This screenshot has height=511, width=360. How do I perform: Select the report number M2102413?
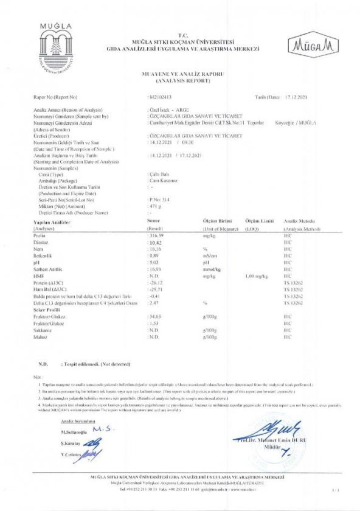click(161, 97)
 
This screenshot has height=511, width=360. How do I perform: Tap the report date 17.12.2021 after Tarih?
click(296, 97)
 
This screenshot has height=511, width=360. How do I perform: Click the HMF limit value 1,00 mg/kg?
click(257, 276)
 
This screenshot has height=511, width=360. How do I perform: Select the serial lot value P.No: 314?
click(160, 200)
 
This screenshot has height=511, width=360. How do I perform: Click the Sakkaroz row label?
click(43, 330)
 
